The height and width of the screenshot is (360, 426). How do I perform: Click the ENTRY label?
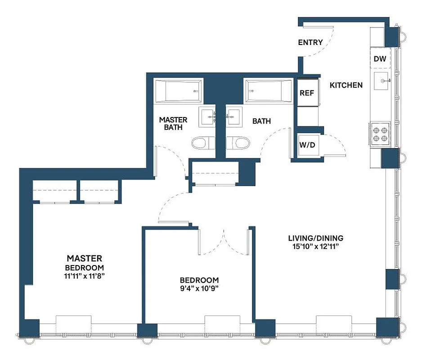click(x=310, y=43)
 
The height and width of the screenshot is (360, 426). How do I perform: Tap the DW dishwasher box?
click(x=379, y=58)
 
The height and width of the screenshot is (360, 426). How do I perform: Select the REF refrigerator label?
click(x=307, y=93)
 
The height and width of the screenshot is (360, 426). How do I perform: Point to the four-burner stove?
click(x=380, y=134)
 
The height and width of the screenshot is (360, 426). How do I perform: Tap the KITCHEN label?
click(x=346, y=85)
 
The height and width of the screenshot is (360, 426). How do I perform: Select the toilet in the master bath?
click(x=199, y=144)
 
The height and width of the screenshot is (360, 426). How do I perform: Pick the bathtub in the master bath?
click(x=178, y=90)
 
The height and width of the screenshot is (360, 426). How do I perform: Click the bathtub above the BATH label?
click(x=269, y=90)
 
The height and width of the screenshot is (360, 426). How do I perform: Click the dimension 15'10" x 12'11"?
click(x=316, y=247)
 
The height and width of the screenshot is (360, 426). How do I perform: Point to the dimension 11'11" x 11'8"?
click(x=85, y=276)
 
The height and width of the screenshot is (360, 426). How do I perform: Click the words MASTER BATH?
click(x=173, y=124)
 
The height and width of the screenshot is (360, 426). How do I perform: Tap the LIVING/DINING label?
click(x=316, y=238)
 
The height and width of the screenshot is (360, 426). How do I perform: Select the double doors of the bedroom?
click(x=224, y=241)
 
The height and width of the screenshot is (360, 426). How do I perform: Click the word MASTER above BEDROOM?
click(x=85, y=258)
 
